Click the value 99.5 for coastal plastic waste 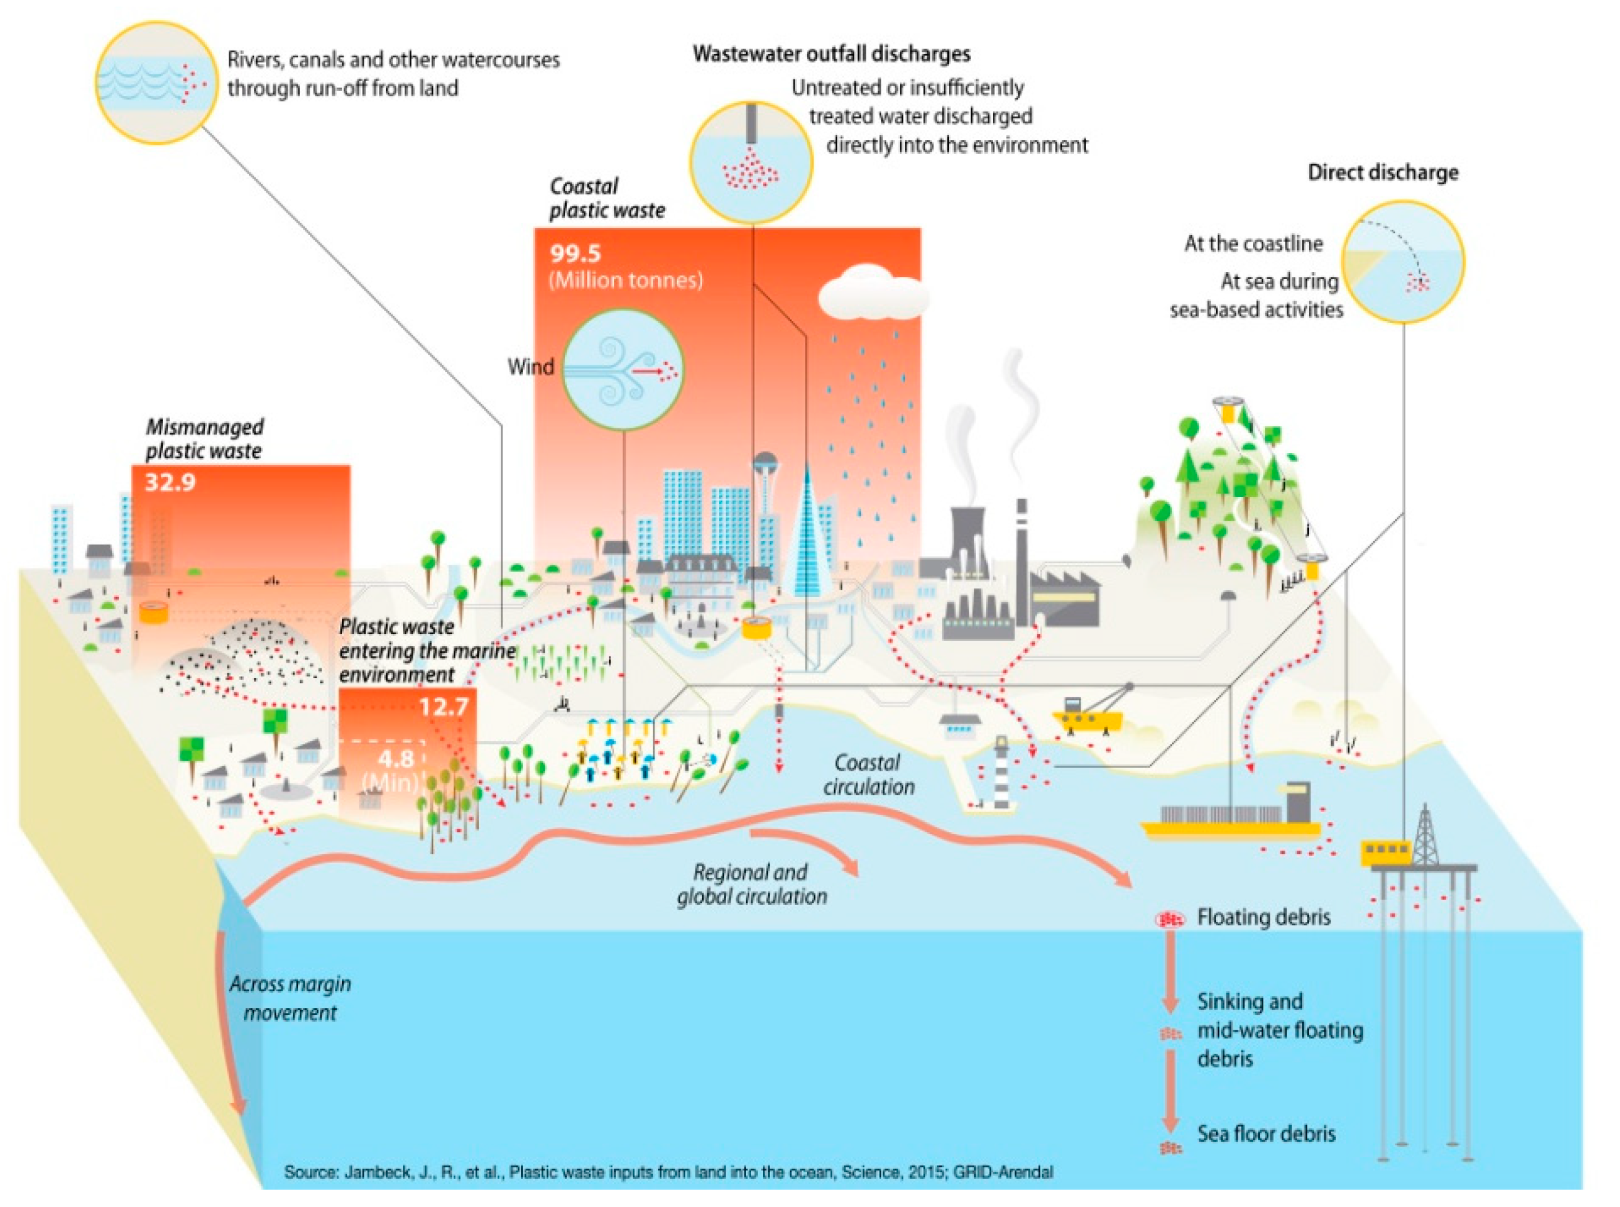pyautogui.click(x=575, y=254)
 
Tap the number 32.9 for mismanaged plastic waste pyautogui.click(x=170, y=482)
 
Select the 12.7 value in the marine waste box pyautogui.click(x=443, y=707)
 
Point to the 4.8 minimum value pyautogui.click(x=396, y=758)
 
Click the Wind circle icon pyautogui.click(x=622, y=369)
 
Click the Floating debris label pyautogui.click(x=1264, y=917)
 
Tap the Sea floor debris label pyautogui.click(x=1266, y=1133)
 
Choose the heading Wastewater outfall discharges pyautogui.click(x=831, y=54)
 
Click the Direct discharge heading pyautogui.click(x=1383, y=172)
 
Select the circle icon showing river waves pyautogui.click(x=156, y=82)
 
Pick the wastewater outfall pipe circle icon pyautogui.click(x=751, y=162)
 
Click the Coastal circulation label pyautogui.click(x=868, y=774)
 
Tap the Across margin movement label pyautogui.click(x=291, y=998)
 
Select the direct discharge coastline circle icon pyautogui.click(x=1403, y=262)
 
